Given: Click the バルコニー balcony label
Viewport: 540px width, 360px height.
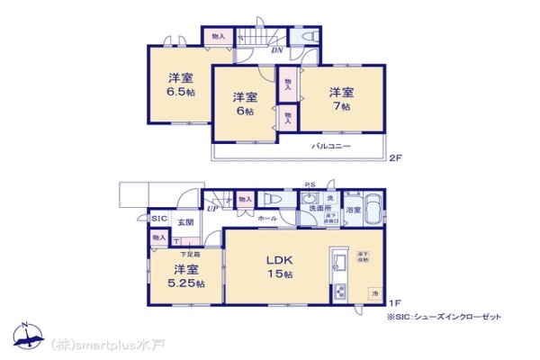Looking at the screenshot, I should coord(331,146).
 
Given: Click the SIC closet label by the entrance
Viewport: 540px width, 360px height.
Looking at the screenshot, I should coord(157,219).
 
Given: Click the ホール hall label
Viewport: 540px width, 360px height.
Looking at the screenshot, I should coord(267,219).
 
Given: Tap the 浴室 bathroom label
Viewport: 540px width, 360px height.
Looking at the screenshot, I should coord(354,210).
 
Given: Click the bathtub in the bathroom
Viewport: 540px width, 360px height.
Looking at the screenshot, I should coord(373,206).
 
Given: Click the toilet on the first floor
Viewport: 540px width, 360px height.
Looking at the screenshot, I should coord(272,200).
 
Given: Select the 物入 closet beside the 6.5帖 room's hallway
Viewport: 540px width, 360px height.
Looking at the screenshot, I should coord(218,36).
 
